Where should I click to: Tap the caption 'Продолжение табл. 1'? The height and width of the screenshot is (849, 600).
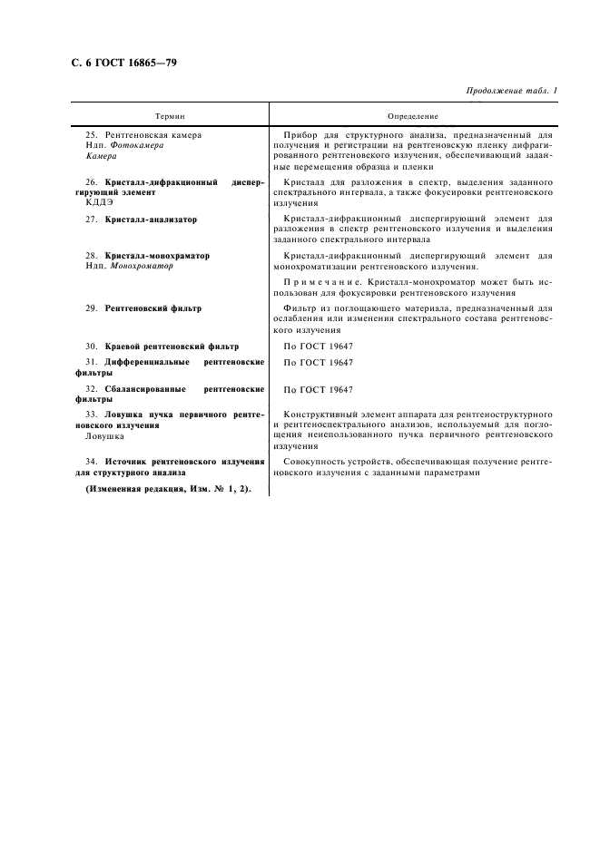(512, 91)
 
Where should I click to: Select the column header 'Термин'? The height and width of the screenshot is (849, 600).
(170, 116)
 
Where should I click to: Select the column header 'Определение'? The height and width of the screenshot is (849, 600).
(412, 116)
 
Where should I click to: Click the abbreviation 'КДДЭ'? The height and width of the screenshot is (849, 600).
(90, 202)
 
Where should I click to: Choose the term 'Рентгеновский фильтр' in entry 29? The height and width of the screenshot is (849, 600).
(153, 308)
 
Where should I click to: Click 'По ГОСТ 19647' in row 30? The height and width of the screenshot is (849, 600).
(318, 346)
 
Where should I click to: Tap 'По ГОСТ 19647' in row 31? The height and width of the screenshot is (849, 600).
(318, 362)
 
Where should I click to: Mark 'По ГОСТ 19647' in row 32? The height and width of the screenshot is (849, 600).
(318, 389)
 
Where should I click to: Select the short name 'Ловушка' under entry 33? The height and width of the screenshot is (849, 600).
(93, 435)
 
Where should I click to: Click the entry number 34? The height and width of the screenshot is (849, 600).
(92, 462)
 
